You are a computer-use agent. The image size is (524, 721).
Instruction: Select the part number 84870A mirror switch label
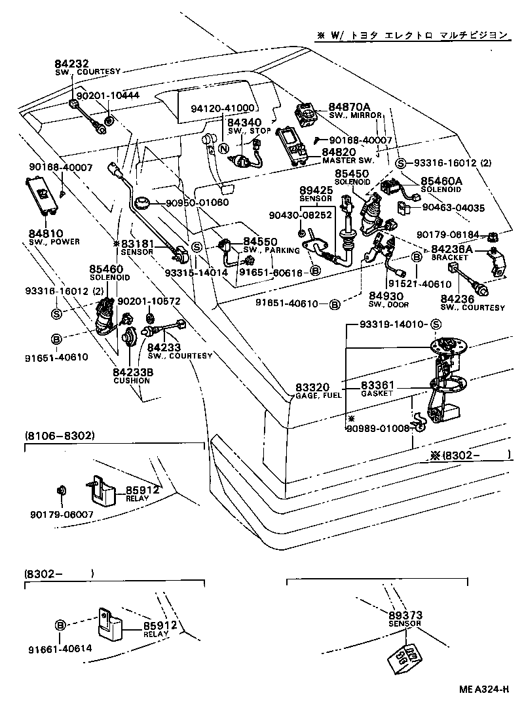349,107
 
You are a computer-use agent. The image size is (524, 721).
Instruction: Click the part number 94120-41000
223,107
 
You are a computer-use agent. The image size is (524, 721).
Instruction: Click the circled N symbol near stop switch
224,148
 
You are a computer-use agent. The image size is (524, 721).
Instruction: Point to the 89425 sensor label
316,189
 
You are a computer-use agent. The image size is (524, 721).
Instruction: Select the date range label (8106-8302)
60,435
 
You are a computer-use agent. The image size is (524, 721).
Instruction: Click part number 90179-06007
61,515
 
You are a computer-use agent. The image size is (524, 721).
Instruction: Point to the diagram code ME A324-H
484,689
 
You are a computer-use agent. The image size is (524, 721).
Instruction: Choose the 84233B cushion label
132,372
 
